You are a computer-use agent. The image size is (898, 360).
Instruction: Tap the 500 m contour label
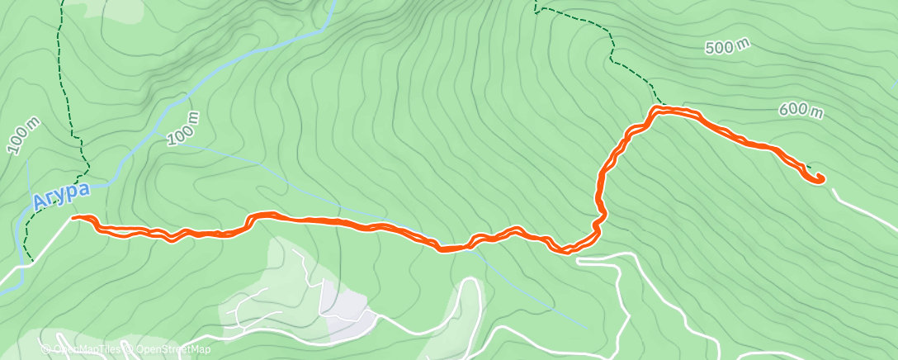click(x=726, y=47)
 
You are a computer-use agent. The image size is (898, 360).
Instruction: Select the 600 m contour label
click(x=801, y=110)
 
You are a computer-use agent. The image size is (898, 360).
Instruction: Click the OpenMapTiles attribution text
click(x=83, y=350)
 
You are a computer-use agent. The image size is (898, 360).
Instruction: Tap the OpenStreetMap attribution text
click(x=164, y=350)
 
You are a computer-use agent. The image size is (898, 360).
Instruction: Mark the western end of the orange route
click(x=74, y=217)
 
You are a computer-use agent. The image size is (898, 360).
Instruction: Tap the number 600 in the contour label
click(x=791, y=108)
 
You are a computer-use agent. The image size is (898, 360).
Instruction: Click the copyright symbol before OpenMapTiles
click(x=45, y=350)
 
